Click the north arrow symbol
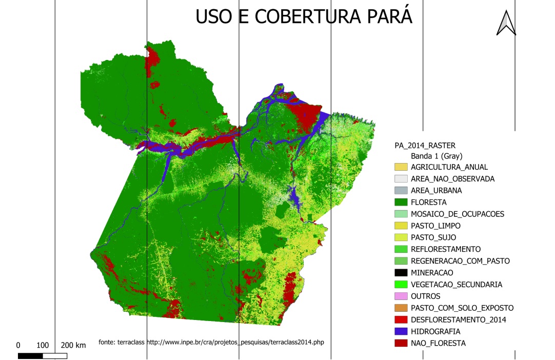tap(506, 23)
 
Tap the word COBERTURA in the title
tap(298, 16)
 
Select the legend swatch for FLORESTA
tap(401, 202)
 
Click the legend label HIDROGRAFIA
tap(435, 331)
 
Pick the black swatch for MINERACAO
tap(401, 272)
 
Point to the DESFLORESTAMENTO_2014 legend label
tap(459, 319)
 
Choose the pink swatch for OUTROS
tap(401, 296)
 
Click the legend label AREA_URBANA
tap(436, 190)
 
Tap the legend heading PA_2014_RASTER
tap(425, 146)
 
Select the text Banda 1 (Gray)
tap(436, 156)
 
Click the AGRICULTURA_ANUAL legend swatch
tap(401, 167)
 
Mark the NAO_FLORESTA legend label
tap(438, 343)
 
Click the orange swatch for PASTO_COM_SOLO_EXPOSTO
tap(401, 308)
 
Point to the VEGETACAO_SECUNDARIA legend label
tap(457, 284)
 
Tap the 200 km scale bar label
tap(73, 345)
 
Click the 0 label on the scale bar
tap(18, 345)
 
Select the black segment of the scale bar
tap(30, 355)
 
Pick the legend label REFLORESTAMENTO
tap(446, 249)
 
